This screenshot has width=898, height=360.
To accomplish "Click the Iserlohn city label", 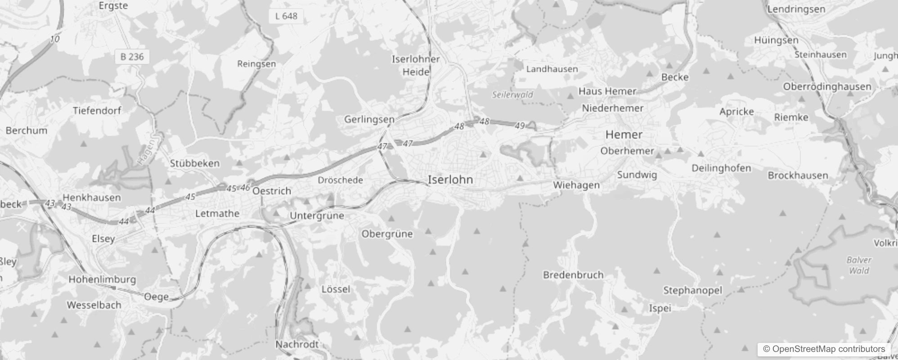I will (450, 180).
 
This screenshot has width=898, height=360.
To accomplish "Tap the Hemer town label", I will (624, 135).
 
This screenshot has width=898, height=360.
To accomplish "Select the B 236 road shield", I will (132, 57).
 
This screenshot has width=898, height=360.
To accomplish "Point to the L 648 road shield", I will (286, 16).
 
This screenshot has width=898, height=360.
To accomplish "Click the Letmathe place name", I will (217, 213).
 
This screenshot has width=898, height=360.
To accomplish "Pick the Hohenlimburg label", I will (102, 279).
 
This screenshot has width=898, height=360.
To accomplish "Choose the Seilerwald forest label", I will (512, 95).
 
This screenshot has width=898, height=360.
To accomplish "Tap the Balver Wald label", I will (859, 265).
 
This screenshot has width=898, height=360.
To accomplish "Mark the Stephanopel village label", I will (692, 291).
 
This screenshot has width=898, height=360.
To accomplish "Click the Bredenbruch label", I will (573, 275).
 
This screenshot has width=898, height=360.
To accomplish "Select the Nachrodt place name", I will (297, 344).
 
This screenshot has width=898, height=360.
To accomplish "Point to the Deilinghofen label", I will (721, 168).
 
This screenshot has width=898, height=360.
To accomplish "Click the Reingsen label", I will (256, 64).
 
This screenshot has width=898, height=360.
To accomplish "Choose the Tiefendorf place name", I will (97, 110).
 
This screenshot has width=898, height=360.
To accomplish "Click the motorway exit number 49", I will (520, 126).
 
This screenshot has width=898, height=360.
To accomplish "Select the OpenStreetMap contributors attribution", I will (823, 349).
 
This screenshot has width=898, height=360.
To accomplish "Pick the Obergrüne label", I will (387, 234).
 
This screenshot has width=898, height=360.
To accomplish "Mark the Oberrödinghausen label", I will (827, 86).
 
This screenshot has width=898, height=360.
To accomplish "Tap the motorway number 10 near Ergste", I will (54, 39).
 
